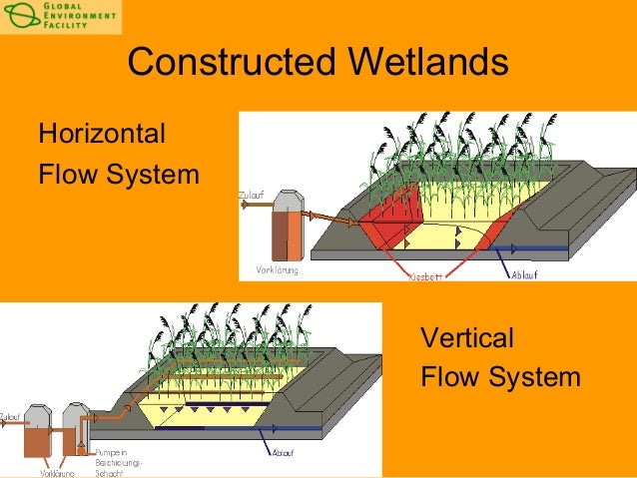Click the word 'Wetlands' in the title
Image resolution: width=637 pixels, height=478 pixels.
click(x=426, y=64)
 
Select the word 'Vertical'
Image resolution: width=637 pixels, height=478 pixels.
click(x=467, y=338)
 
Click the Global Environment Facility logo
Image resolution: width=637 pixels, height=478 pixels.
click(x=60, y=17)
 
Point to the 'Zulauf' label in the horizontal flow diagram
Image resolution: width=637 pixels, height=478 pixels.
click(x=252, y=195)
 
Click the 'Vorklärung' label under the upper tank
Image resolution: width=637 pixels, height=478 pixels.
click(x=278, y=269)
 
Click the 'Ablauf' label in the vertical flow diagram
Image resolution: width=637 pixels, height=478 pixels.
click(x=283, y=452)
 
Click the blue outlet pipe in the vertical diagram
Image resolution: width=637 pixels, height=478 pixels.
click(x=290, y=428)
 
